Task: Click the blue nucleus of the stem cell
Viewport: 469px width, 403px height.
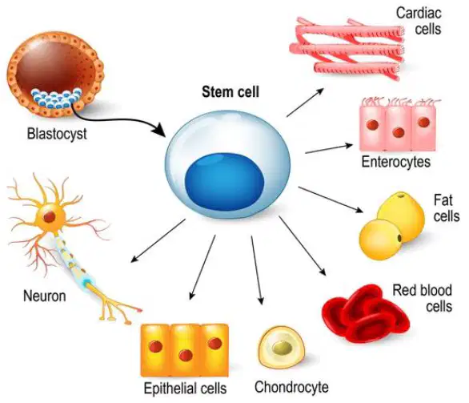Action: pos(225,181)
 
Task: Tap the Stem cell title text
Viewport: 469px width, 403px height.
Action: pos(230,91)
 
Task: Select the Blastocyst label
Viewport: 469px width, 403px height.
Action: pos(57,134)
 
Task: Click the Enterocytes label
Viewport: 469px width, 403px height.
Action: pos(396,162)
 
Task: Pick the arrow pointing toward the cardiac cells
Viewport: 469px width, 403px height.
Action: pos(305,103)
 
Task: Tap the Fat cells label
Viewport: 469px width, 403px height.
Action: pos(447,208)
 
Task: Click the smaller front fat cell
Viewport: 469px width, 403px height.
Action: pos(380,240)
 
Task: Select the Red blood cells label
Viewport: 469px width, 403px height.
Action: pos(422,298)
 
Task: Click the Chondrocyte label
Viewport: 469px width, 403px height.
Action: pos(291,387)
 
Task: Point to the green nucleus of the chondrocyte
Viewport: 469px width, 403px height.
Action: pos(283,348)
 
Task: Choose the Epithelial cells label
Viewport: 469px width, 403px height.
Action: pos(185,389)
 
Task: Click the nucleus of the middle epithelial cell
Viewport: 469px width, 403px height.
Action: pos(186,356)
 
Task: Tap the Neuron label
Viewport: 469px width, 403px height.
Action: pos(45,296)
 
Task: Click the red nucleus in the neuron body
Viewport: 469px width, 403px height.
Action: pos(50,216)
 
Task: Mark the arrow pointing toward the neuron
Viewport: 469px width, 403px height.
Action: pos(158,240)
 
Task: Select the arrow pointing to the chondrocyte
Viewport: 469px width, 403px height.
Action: pos(257,270)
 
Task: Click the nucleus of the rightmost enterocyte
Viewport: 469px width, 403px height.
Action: pos(424,122)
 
